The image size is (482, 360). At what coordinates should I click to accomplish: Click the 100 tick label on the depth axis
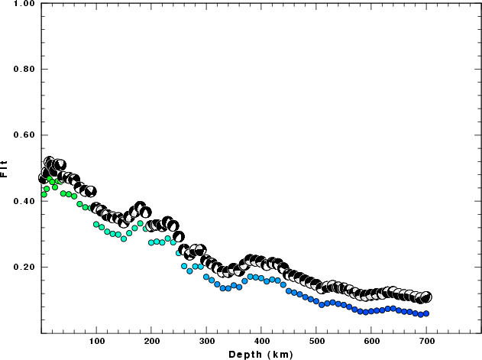tap(97, 342)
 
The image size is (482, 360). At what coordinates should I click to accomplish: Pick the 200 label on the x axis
tap(152, 342)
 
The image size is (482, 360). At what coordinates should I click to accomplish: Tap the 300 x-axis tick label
tap(207, 342)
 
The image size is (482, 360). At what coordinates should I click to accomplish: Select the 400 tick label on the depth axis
tap(262, 342)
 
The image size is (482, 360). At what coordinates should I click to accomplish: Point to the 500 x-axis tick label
tap(317, 342)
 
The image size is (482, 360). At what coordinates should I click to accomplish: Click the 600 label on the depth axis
tap(372, 342)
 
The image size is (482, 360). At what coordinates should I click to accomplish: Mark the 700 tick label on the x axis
tap(427, 342)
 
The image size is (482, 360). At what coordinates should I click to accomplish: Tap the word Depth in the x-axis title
tap(244, 354)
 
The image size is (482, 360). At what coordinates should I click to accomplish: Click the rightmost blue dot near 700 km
tap(426, 313)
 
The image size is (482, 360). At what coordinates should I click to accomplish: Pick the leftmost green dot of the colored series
tap(44, 194)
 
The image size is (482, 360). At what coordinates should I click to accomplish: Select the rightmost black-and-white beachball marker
tap(426, 297)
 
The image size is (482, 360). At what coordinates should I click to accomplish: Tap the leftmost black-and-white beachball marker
tap(44, 178)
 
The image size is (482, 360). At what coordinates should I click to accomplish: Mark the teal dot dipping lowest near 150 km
tap(124, 238)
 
